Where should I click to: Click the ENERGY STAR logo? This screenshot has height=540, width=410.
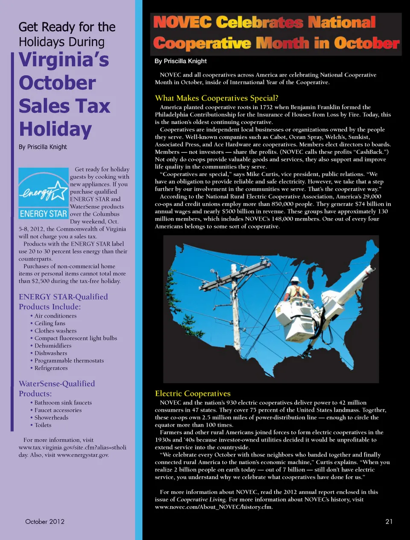[43, 193]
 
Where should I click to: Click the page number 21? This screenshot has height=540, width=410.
[389, 521]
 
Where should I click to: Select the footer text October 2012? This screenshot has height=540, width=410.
[45, 521]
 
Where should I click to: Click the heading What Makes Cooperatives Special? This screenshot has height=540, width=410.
[217, 98]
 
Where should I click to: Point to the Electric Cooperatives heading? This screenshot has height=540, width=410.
[193, 393]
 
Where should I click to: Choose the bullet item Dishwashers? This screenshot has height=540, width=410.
[51, 353]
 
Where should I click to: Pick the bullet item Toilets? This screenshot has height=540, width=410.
[43, 425]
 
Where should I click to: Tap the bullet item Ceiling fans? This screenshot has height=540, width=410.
[50, 323]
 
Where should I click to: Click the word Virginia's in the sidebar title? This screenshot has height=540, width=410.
[64, 60]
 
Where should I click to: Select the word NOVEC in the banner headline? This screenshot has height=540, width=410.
[182, 22]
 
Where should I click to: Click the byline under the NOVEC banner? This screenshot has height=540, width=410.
[181, 61]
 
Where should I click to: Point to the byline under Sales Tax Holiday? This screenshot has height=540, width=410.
[43, 147]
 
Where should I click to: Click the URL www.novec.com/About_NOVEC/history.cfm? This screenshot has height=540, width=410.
[214, 507]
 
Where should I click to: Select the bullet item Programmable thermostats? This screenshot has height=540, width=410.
[69, 360]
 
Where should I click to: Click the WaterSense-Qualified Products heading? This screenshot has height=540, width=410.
[56, 388]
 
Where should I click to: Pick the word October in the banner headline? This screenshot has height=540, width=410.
[366, 43]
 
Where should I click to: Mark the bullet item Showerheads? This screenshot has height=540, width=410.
[51, 417]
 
